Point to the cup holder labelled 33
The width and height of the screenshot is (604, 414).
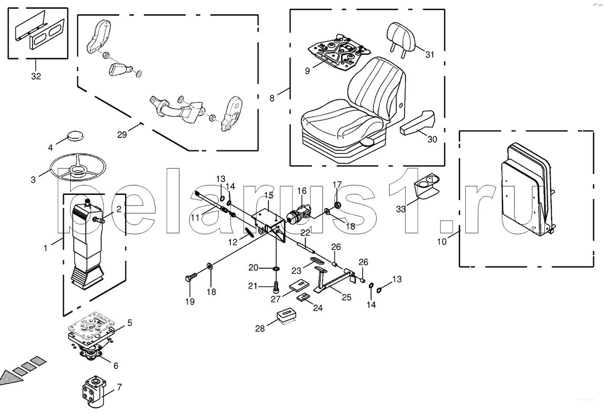(x=427, y=186)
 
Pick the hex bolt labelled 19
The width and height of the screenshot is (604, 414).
(x=191, y=278)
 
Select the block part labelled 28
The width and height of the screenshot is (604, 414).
(x=287, y=317)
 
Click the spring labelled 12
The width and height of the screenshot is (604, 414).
(x=250, y=232)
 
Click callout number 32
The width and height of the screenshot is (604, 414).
(x=36, y=76)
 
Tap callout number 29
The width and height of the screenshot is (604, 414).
(x=122, y=134)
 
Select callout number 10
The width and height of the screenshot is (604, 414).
(x=442, y=241)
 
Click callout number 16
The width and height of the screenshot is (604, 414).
(x=302, y=191)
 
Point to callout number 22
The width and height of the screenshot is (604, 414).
(x=305, y=233)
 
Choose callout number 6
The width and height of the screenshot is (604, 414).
(x=116, y=366)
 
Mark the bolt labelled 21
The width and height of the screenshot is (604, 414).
(x=276, y=286)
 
